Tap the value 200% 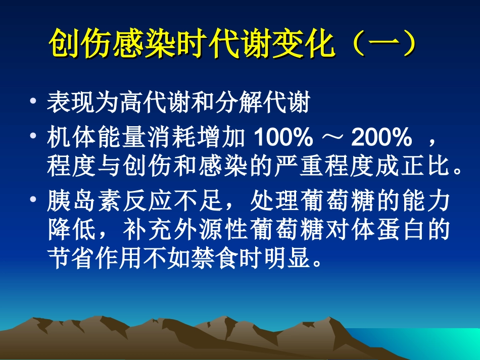point(382,136)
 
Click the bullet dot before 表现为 point(33,102)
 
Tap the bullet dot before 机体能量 point(33,136)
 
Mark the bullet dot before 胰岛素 point(33,201)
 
